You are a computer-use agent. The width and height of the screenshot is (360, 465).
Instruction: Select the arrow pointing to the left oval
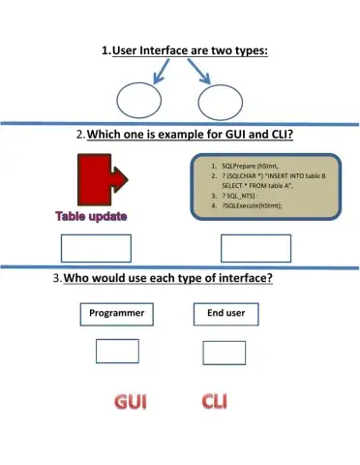coord(155,71)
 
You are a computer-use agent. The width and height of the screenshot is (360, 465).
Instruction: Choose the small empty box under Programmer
coord(116,351)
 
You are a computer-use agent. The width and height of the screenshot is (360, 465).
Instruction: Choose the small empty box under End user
coord(225,351)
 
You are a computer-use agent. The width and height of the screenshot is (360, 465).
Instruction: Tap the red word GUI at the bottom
coord(132,401)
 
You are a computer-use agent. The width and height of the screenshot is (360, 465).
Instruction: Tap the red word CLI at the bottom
coord(221,401)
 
